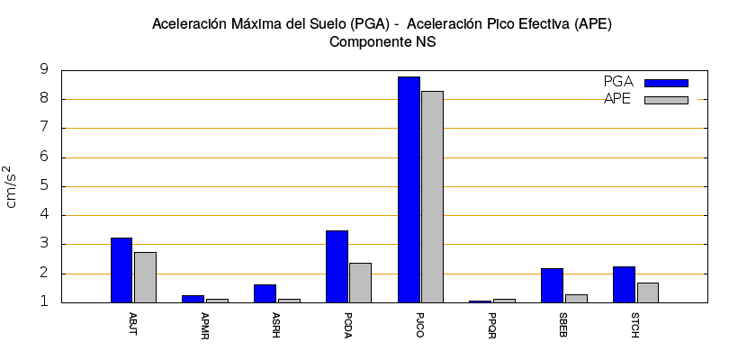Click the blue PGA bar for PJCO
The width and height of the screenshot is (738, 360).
click(x=409, y=189)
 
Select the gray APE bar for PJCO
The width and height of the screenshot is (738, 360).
click(x=432, y=196)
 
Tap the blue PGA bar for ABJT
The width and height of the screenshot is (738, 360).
click(x=121, y=270)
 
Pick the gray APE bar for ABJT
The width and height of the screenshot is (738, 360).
click(x=145, y=277)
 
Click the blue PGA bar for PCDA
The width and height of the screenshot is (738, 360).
click(x=337, y=266)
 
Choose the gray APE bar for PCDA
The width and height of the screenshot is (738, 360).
click(x=360, y=283)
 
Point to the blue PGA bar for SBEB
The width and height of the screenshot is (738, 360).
click(x=552, y=285)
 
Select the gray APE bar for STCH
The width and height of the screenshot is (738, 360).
click(x=648, y=292)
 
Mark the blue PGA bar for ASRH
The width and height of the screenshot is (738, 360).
click(x=265, y=293)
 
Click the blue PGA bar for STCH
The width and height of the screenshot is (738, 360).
click(x=624, y=284)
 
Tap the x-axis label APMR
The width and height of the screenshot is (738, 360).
click(x=205, y=323)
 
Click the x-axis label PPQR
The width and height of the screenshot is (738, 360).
click(x=492, y=323)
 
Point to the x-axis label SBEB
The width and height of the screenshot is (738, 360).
click(x=564, y=323)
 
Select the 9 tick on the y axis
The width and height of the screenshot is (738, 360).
click(x=43, y=70)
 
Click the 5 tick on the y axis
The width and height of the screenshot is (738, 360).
click(x=43, y=186)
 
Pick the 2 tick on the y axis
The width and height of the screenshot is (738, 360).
click(x=43, y=274)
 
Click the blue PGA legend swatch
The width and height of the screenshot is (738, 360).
click(x=666, y=83)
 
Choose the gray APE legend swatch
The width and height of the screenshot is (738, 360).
click(x=666, y=100)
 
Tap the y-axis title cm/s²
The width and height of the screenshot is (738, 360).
click(x=12, y=186)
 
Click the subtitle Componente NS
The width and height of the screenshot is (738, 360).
click(x=382, y=41)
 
